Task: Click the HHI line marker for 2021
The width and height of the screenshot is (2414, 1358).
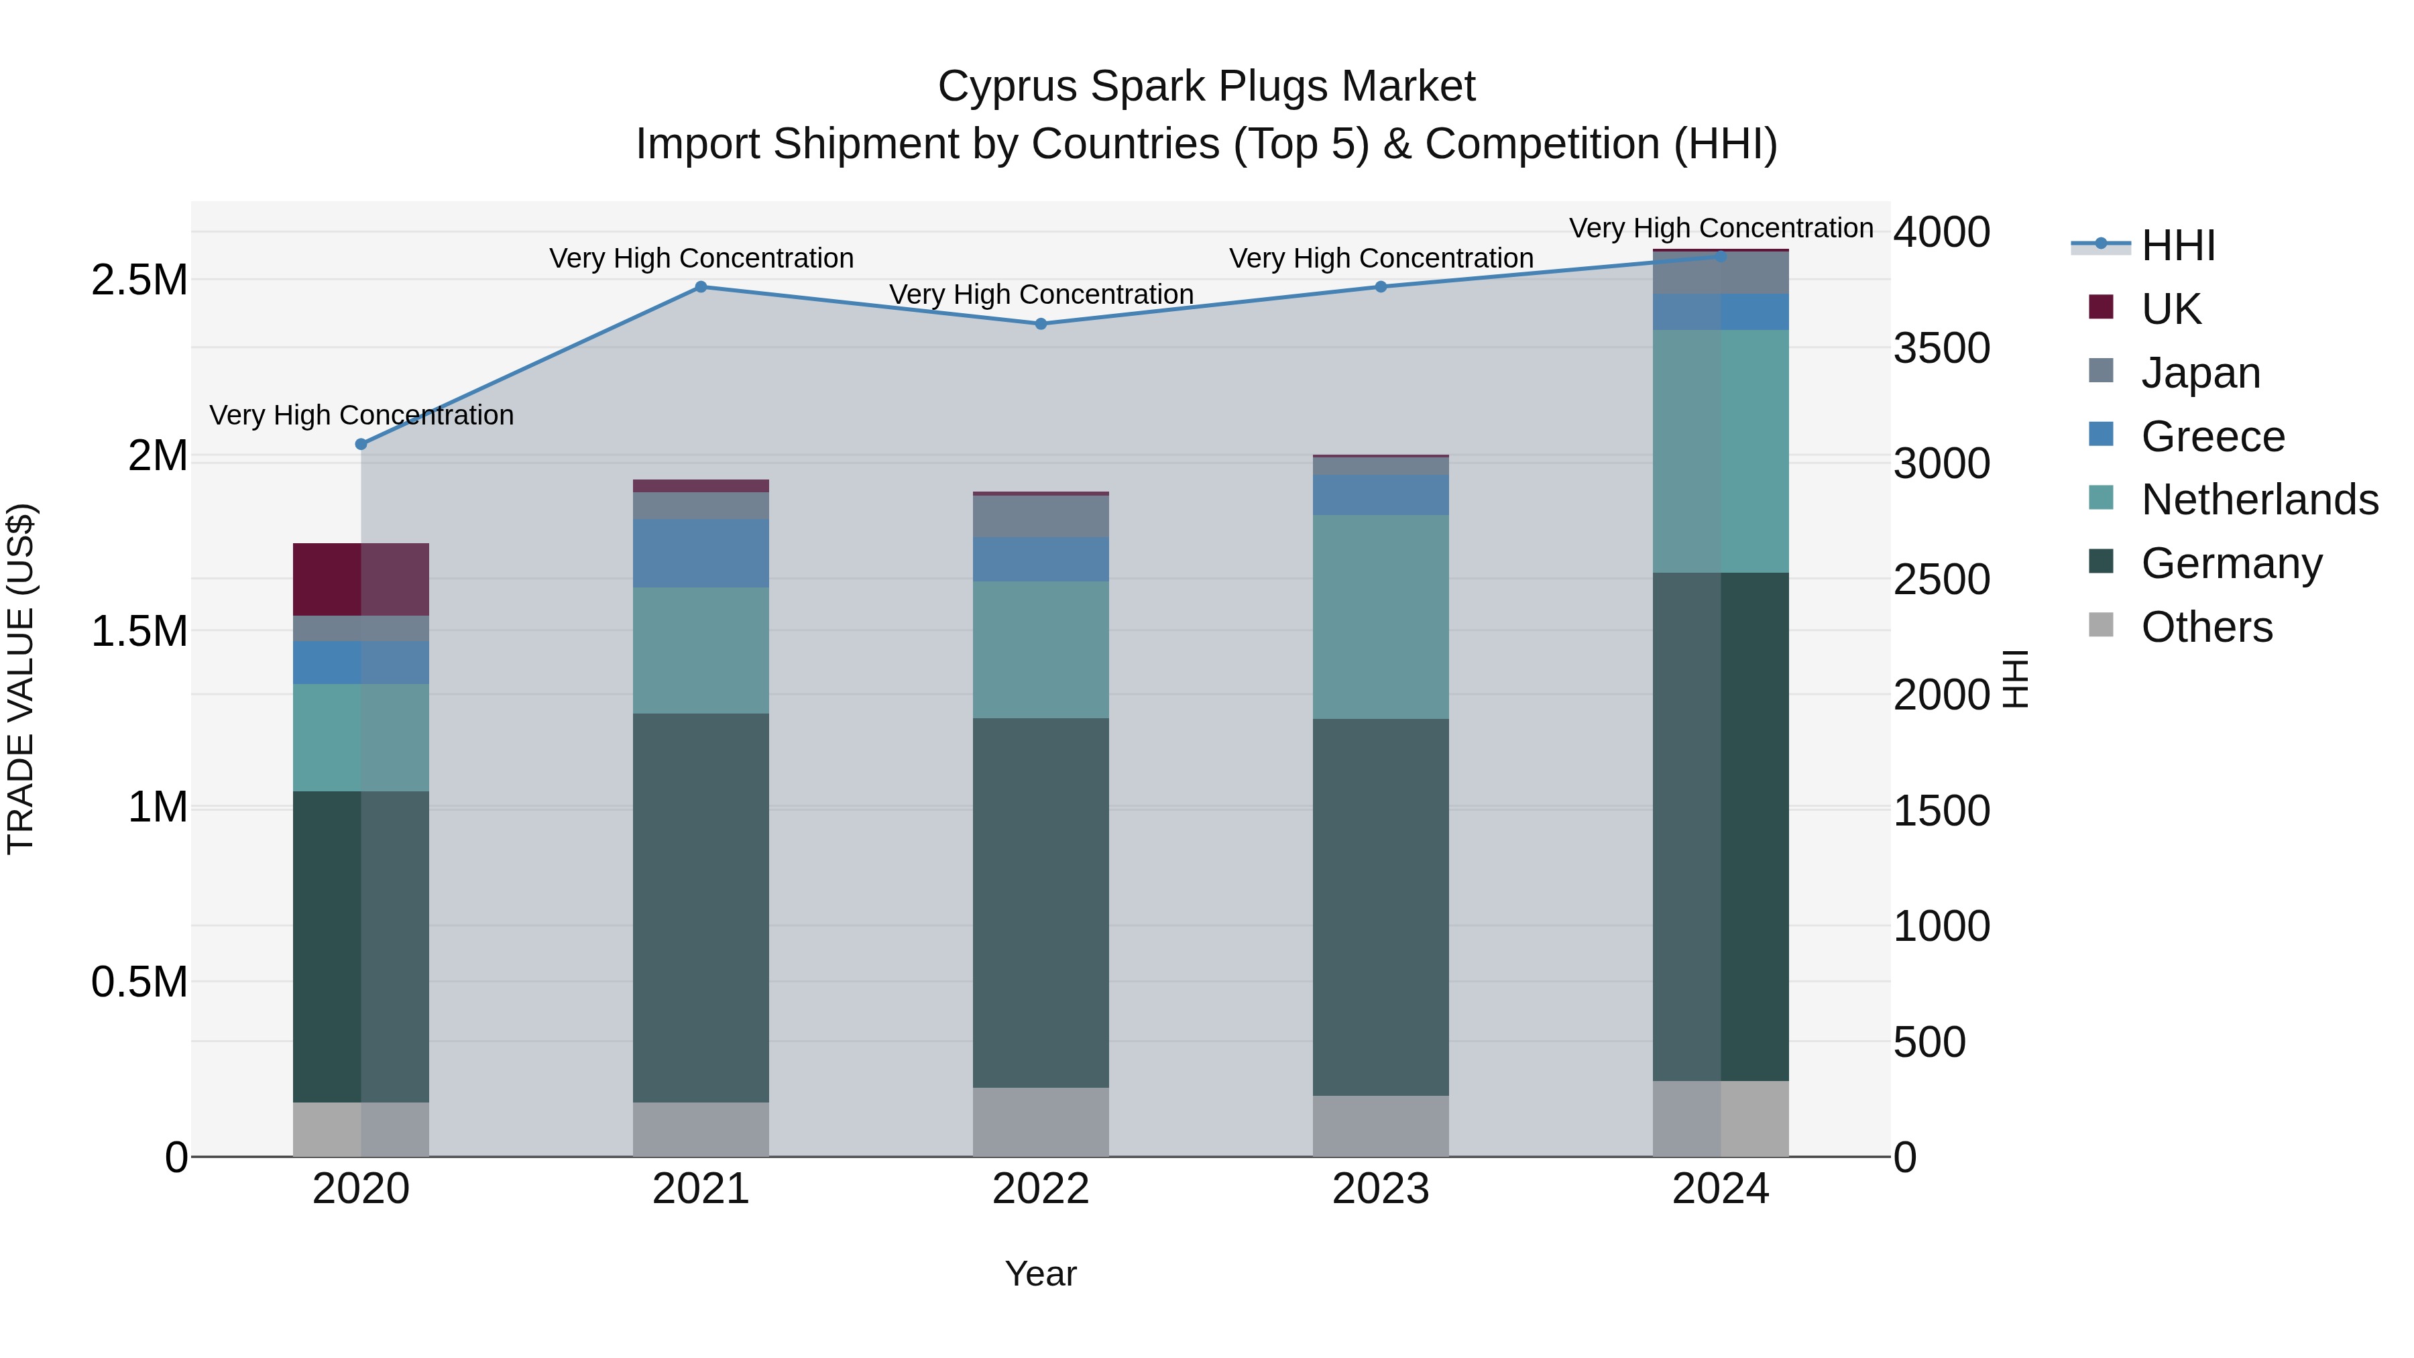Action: tap(700, 287)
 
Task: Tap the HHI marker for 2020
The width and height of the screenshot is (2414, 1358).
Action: tap(361, 444)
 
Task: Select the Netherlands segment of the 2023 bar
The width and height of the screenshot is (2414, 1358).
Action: tap(1381, 617)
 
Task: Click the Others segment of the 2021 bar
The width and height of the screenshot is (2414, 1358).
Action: tap(700, 1129)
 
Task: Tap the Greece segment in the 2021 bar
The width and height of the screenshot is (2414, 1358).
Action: tap(700, 553)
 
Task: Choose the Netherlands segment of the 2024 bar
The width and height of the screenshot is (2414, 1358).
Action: tap(1721, 451)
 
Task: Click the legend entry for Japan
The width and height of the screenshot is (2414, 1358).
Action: tap(2200, 373)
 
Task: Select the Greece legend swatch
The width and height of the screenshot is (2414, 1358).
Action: tap(2101, 435)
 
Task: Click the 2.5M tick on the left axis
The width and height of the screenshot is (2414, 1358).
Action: tap(139, 280)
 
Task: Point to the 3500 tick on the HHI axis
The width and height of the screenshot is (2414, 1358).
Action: tap(1942, 349)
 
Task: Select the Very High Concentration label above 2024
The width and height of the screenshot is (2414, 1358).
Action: tap(1721, 228)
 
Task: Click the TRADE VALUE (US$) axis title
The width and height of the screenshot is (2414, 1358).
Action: tap(21, 679)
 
